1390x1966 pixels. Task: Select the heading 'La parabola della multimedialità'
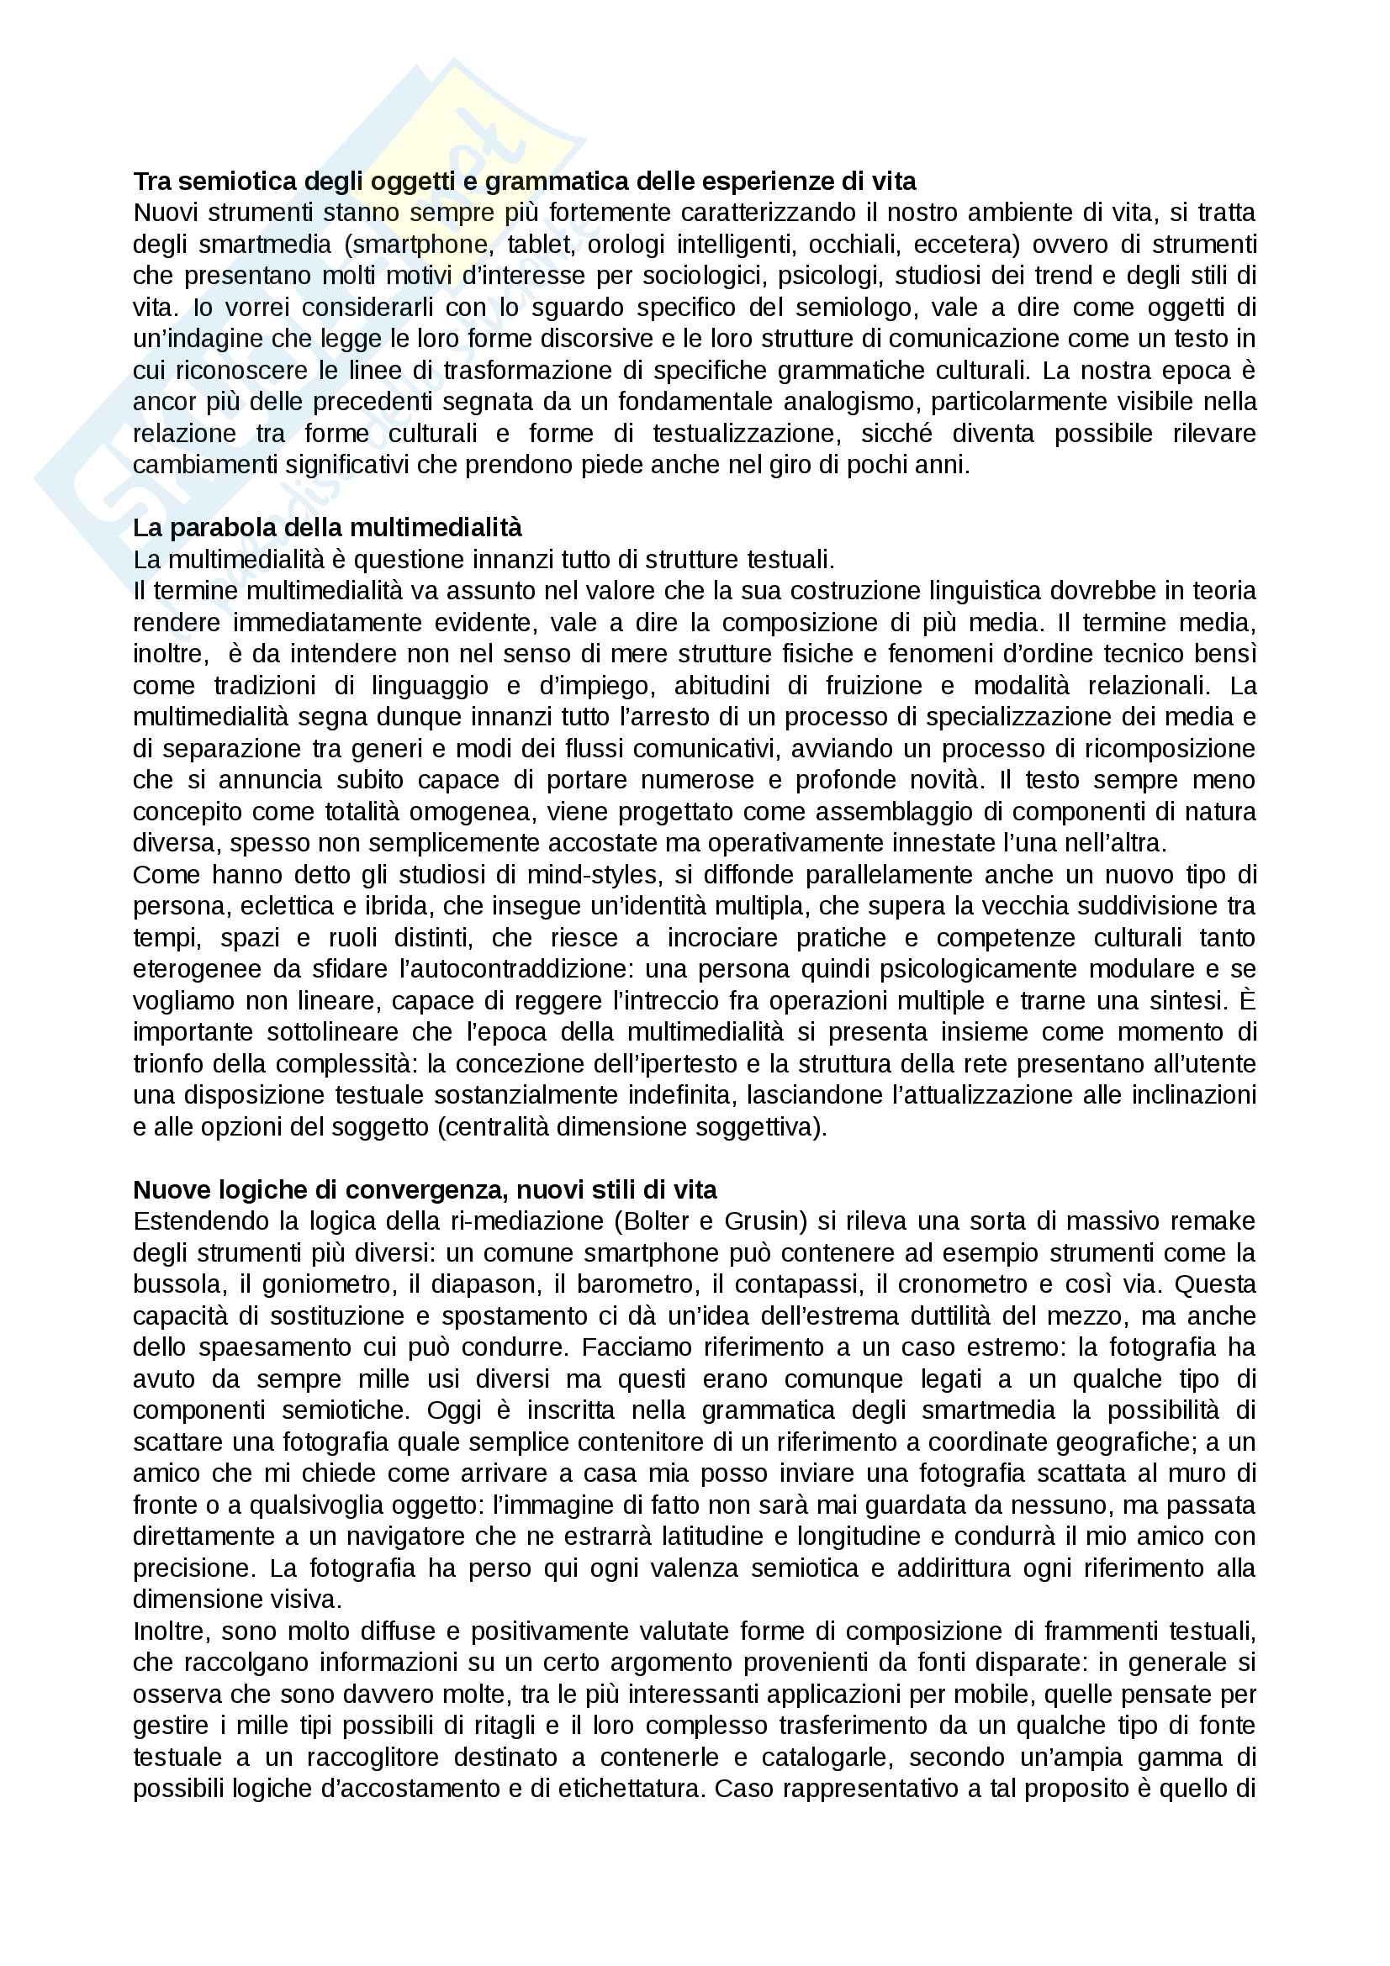click(327, 528)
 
